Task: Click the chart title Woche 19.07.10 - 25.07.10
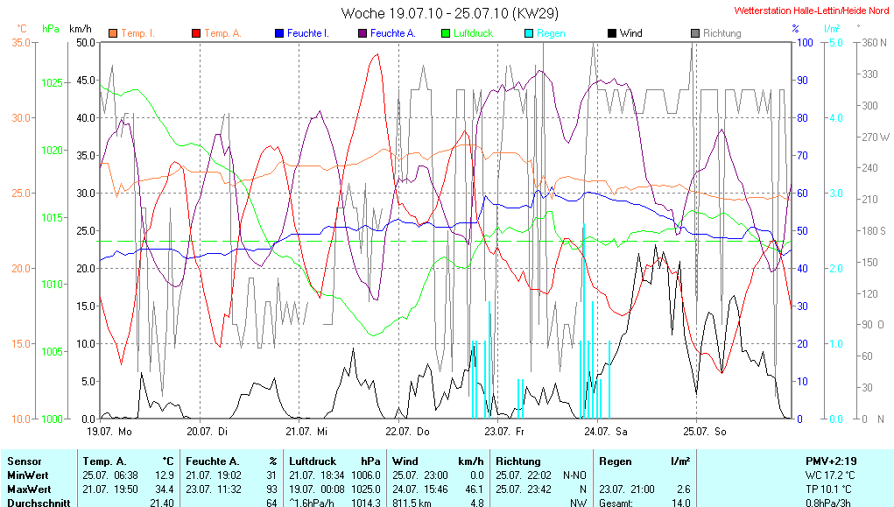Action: click(x=450, y=13)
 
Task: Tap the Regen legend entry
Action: click(x=551, y=33)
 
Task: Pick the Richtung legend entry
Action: click(x=722, y=33)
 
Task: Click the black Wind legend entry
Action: click(x=630, y=33)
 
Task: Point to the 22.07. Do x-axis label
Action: click(x=408, y=431)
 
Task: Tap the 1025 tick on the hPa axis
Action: click(x=53, y=83)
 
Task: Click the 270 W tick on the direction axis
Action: click(x=876, y=137)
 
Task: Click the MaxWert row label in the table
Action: click(x=29, y=489)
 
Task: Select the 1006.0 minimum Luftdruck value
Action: click(x=367, y=475)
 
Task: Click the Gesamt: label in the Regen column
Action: click(x=616, y=503)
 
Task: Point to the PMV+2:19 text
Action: click(x=832, y=461)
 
